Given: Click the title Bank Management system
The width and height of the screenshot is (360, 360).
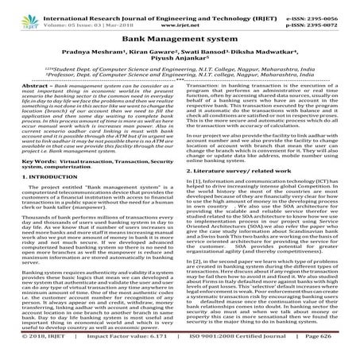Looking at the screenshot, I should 179,37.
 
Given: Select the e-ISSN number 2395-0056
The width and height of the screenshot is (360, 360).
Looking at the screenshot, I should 331,9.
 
